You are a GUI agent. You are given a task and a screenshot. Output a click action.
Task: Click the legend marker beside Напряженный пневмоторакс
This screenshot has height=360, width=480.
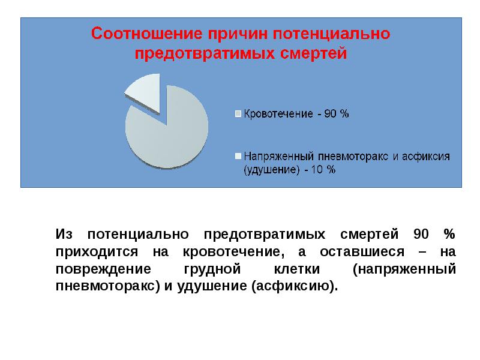tap(238, 156)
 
